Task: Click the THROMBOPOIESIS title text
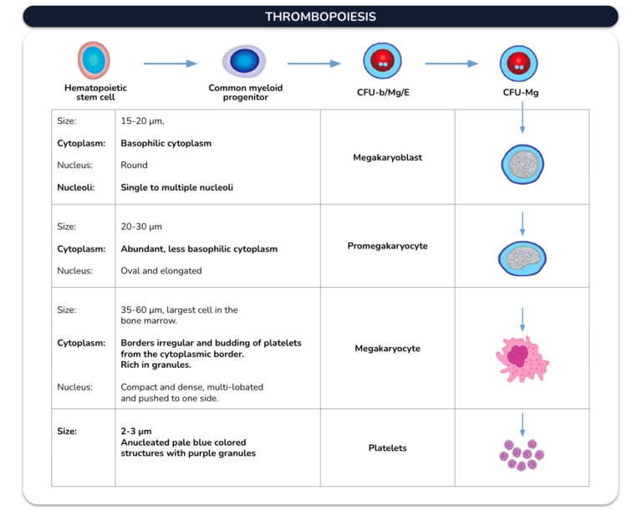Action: (x=320, y=17)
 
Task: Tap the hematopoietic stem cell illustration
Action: (x=94, y=60)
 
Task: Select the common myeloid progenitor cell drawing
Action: (x=244, y=61)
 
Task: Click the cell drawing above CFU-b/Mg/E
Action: (x=382, y=61)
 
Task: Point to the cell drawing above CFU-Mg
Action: (x=519, y=64)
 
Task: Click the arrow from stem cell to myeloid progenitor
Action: (x=171, y=64)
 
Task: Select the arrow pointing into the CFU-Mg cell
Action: (x=451, y=64)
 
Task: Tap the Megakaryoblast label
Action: (x=387, y=157)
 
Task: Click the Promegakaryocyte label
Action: (x=387, y=246)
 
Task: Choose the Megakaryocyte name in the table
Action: (x=387, y=348)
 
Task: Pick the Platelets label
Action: (x=387, y=448)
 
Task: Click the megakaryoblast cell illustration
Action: (x=522, y=164)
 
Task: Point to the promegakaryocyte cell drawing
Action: (x=522, y=258)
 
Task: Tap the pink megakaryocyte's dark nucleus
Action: (x=518, y=355)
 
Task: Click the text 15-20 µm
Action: (x=142, y=121)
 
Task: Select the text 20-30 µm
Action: (x=141, y=227)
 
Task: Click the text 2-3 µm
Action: (x=136, y=431)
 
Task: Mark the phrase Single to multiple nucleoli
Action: (x=177, y=187)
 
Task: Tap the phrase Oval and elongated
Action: (x=161, y=271)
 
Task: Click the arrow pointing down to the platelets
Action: (x=522, y=425)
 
